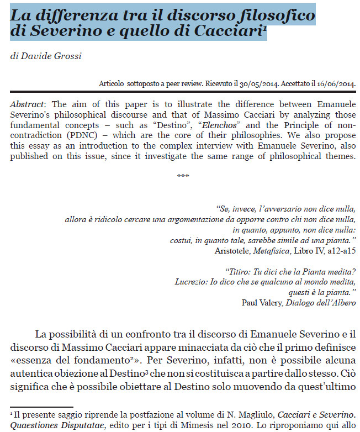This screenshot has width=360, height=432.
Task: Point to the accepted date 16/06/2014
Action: pos(334,85)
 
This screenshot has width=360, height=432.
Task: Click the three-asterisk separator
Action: pos(183,176)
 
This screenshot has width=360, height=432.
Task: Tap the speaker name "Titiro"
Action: pos(237,271)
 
